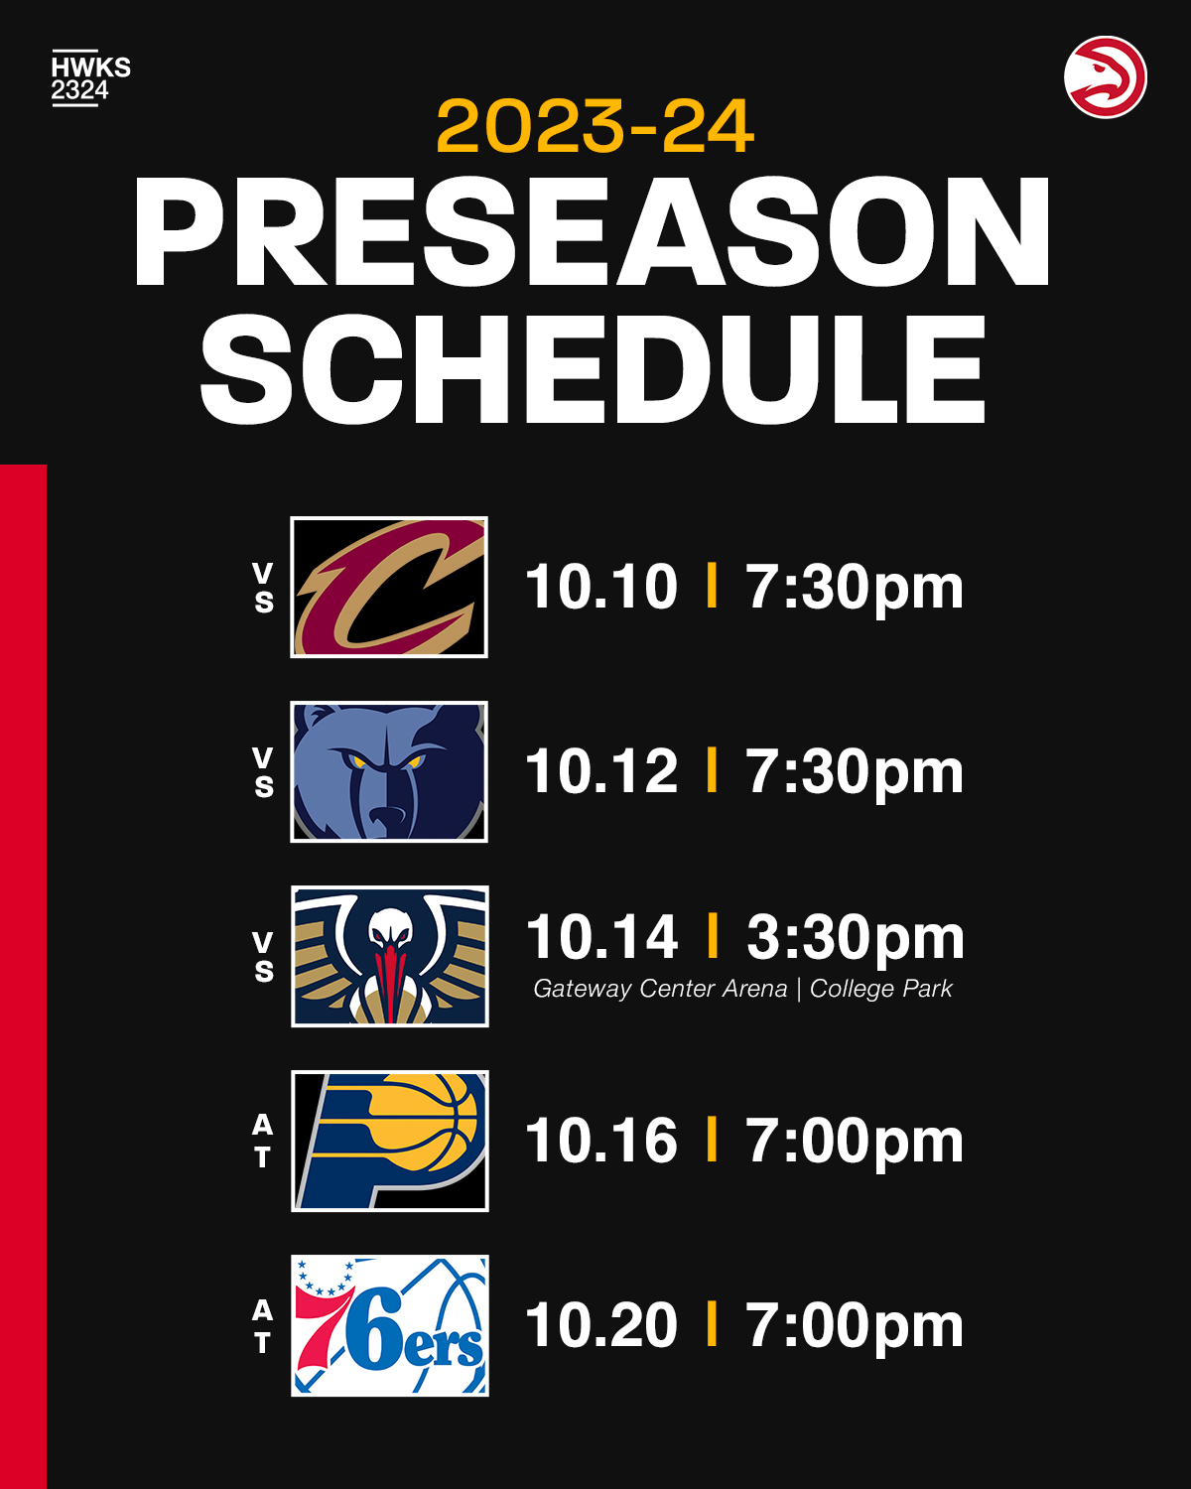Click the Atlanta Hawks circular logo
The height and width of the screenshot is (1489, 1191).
[x=1106, y=76]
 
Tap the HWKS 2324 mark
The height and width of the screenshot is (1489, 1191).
[x=90, y=78]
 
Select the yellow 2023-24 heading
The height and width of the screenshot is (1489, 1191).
[x=595, y=126]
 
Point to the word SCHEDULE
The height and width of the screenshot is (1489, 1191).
[x=594, y=369]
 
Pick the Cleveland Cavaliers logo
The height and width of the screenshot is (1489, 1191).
[x=389, y=587]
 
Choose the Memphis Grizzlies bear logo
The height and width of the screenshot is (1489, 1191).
[x=389, y=771]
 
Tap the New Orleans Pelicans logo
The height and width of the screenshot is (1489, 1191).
[x=390, y=956]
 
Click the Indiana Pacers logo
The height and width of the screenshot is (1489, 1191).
[x=390, y=1141]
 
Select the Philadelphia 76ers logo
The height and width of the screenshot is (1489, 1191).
[x=390, y=1326]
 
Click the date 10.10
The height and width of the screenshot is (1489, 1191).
[x=601, y=587]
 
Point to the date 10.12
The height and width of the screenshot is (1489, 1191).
[x=601, y=771]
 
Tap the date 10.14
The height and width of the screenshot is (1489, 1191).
[x=602, y=937]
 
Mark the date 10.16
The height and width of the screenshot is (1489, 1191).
[x=601, y=1141]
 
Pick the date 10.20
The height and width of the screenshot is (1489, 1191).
[x=601, y=1326]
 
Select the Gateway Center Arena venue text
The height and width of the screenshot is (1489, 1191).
[x=660, y=989]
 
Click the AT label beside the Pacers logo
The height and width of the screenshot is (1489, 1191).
[x=262, y=1141]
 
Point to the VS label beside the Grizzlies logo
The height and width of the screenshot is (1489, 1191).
[x=264, y=771]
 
